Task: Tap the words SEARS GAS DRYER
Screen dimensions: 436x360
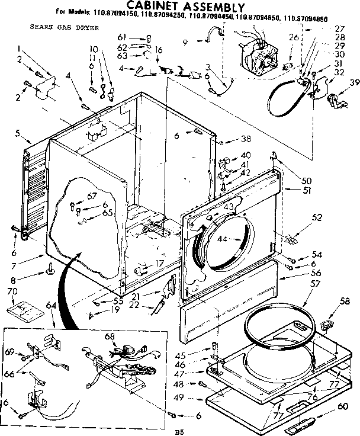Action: [56, 27]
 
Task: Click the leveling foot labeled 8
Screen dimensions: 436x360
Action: [50, 272]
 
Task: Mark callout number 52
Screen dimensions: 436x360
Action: [317, 217]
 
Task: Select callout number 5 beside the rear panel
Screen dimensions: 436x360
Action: [18, 133]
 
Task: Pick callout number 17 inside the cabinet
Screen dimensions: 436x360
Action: [159, 264]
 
